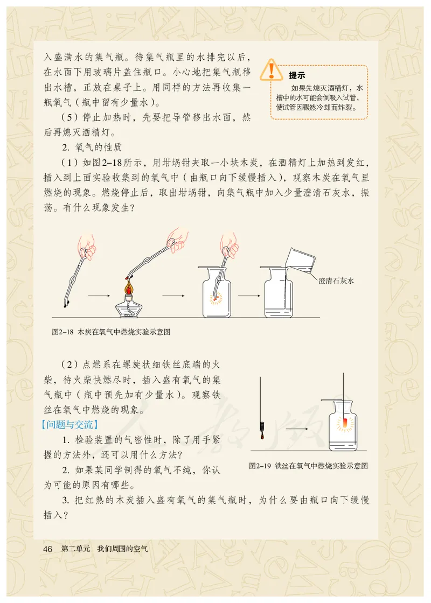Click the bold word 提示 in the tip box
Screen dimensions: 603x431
pyautogui.click(x=297, y=75)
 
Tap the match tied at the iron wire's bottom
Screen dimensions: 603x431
pyautogui.click(x=260, y=428)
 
